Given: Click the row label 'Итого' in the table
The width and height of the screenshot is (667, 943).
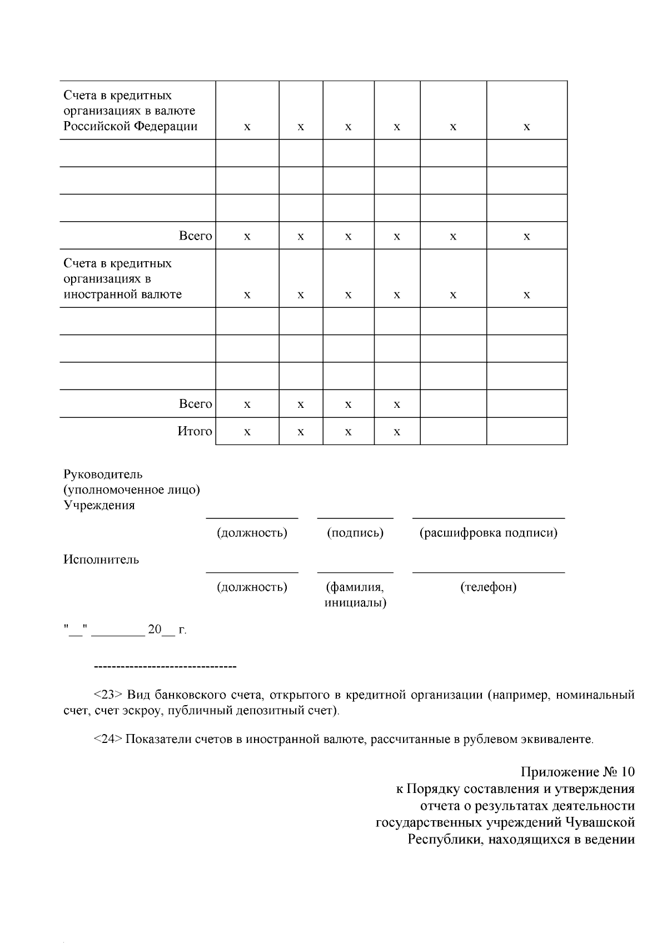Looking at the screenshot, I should click(195, 431).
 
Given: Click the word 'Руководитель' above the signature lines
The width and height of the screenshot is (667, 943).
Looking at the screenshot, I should click(103, 475).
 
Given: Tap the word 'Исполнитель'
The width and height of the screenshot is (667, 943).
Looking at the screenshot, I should click(101, 560).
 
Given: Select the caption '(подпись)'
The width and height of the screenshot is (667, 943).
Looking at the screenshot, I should click(355, 533).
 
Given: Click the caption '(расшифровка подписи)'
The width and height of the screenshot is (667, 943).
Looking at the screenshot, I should click(488, 533).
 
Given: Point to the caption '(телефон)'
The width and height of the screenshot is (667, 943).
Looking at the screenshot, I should click(488, 587).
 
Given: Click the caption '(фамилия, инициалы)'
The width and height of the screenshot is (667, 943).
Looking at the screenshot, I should click(355, 595).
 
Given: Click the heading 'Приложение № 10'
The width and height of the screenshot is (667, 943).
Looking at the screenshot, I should click(578, 772).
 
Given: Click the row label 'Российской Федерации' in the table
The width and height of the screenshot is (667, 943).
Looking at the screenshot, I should click(131, 126).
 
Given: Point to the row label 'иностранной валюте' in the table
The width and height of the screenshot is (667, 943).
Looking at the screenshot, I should click(122, 295).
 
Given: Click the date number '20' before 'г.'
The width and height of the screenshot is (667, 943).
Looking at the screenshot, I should click(154, 630).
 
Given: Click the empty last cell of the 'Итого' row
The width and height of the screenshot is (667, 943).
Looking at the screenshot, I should click(526, 431).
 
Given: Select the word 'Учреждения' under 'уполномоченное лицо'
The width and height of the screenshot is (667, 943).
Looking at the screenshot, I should click(99, 506).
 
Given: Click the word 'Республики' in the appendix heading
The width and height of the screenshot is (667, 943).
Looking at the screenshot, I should click(440, 839).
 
